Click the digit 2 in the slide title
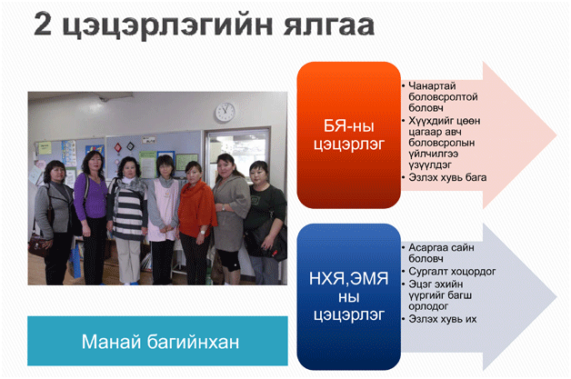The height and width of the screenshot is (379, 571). (x=43, y=24)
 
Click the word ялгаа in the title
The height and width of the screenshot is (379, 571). (x=329, y=25)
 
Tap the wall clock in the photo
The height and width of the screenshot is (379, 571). (x=225, y=112)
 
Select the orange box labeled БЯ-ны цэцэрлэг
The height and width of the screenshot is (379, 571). (x=349, y=135)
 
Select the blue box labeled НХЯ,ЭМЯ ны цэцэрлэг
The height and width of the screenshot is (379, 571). (x=349, y=296)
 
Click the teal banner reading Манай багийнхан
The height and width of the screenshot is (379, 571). (x=157, y=341)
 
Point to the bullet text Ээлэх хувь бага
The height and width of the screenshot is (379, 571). (x=447, y=177)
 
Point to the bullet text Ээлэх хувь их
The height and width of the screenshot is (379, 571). (x=443, y=319)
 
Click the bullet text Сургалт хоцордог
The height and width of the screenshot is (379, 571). (x=452, y=271)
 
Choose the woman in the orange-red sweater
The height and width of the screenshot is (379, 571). (x=196, y=223)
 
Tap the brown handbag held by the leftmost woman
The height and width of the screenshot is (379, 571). (x=38, y=244)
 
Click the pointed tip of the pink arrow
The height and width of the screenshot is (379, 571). (x=556, y=135)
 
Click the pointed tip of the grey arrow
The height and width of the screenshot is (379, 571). (x=556, y=297)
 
